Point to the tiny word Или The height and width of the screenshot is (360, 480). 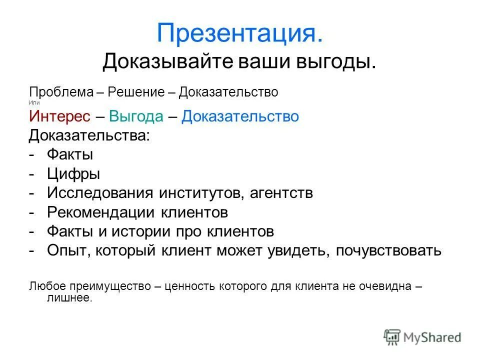click(x=33, y=102)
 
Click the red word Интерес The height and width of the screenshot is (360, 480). click(x=60, y=116)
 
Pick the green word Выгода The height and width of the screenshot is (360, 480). click(x=136, y=116)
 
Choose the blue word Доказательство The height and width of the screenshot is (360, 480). click(x=240, y=116)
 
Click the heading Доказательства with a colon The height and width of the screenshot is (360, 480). click(x=89, y=135)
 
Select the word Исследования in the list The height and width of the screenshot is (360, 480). click(x=100, y=193)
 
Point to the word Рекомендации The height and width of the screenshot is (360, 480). click(x=102, y=212)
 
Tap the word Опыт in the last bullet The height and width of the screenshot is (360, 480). click(x=66, y=250)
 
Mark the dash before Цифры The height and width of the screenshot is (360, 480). click(x=32, y=174)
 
